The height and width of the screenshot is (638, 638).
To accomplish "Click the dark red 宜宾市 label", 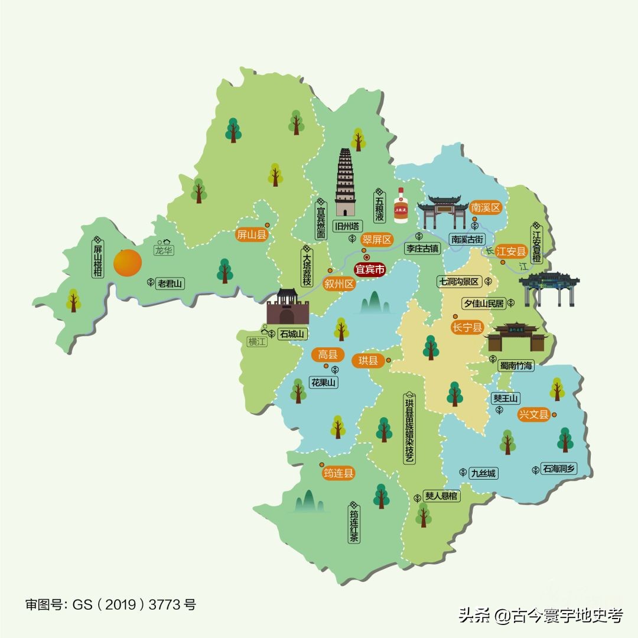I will (370, 270).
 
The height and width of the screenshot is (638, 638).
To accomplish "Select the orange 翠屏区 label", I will (377, 240).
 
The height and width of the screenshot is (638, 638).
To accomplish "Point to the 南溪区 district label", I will (486, 208).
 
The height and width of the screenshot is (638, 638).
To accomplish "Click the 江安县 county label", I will (510, 251).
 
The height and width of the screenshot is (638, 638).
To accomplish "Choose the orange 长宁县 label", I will (467, 327).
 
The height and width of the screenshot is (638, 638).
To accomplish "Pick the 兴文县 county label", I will (534, 415).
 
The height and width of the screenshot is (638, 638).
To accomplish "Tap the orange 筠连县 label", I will (338, 473).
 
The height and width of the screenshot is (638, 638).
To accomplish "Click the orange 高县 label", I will (327, 354).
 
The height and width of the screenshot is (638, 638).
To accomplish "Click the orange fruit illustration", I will (128, 263).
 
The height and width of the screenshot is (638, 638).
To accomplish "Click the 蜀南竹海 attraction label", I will (515, 366).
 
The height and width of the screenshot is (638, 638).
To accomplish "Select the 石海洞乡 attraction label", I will (559, 469).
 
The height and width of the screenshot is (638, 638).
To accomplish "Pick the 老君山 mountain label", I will (170, 284).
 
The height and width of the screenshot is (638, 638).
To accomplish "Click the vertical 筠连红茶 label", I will (354, 526).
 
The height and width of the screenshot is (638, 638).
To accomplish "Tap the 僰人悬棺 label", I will (441, 496).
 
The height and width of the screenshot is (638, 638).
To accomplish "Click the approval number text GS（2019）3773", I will (110, 605).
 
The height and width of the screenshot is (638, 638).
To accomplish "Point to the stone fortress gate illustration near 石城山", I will (288, 307).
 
